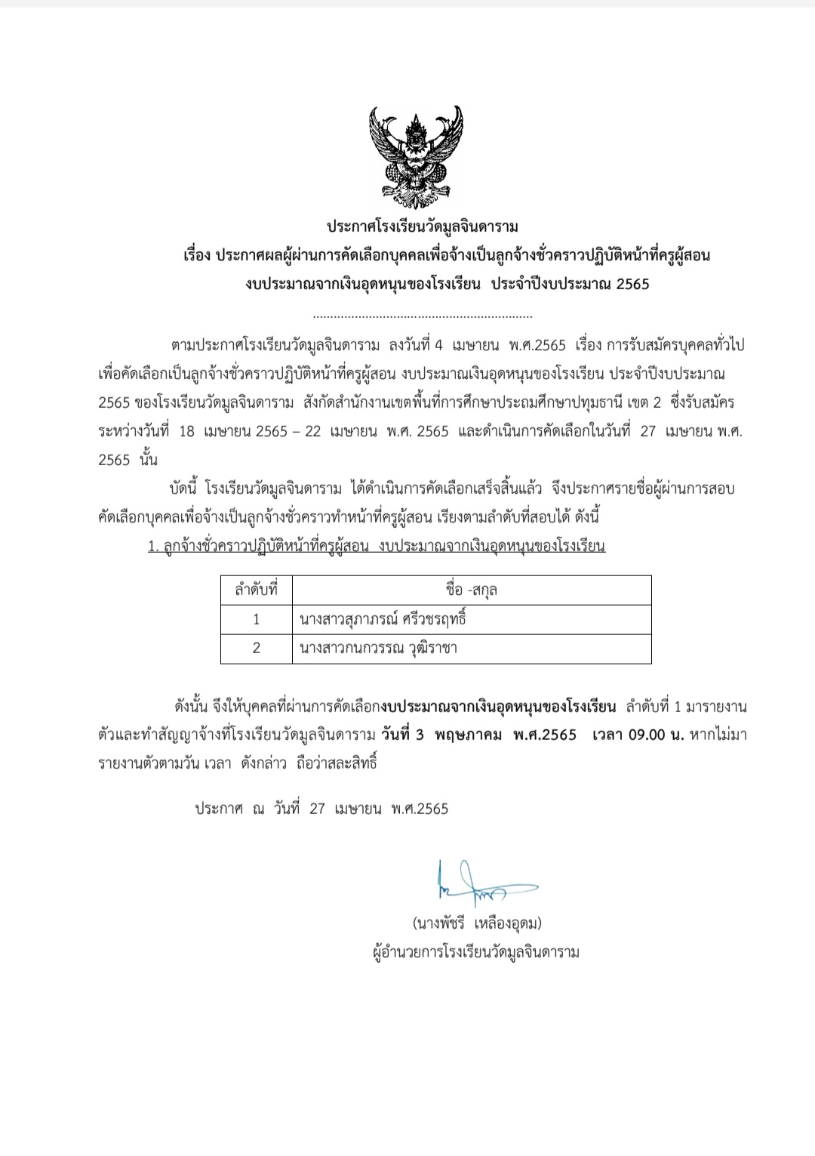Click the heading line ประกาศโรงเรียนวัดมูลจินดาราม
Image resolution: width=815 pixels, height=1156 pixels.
pos(422,227)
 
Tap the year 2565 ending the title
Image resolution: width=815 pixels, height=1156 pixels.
pos(632,285)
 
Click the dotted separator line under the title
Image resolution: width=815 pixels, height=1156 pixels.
pos(422,316)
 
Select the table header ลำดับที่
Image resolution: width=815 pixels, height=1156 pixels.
pos(257,590)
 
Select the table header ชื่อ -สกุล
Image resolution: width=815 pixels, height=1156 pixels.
pos(471,590)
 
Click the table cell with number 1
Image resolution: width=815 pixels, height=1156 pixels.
pos(257,619)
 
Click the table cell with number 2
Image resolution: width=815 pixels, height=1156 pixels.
pos(257,648)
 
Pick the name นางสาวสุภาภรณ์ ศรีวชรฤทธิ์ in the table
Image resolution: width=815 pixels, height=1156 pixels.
pos(383,619)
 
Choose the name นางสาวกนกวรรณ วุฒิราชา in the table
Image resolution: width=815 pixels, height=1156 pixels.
pos(378,648)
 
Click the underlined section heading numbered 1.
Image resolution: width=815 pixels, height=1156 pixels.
pos(377,546)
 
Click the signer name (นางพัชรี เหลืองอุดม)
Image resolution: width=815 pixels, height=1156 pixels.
pos(477,923)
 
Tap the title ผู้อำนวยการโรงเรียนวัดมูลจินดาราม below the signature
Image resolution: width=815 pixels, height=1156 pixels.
pos(476,951)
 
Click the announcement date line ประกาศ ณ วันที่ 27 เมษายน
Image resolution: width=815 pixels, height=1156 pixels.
pos(321,809)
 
